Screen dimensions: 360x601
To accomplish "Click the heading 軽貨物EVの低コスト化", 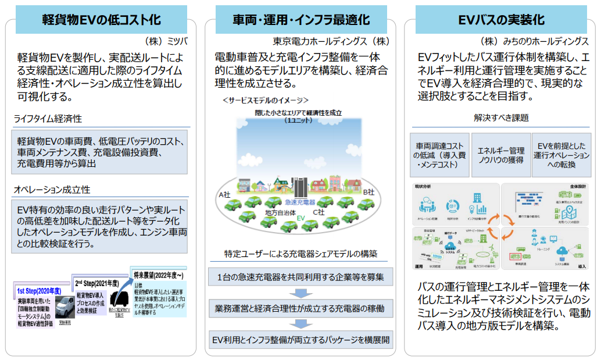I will [x=101, y=19].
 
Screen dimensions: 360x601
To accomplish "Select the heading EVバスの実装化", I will [x=502, y=19].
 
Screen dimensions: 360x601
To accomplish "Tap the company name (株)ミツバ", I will [x=167, y=41].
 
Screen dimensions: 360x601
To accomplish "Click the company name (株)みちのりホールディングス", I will [x=535, y=41].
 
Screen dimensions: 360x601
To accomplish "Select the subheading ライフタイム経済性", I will [x=48, y=119].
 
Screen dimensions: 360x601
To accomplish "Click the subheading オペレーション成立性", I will [x=52, y=190].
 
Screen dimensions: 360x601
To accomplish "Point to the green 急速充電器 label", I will [x=300, y=201].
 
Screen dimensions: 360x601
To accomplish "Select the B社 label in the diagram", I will [x=370, y=191].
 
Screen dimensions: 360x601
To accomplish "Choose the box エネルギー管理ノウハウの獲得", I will [x=500, y=154].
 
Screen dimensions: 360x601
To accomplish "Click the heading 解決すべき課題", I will [x=500, y=117].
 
